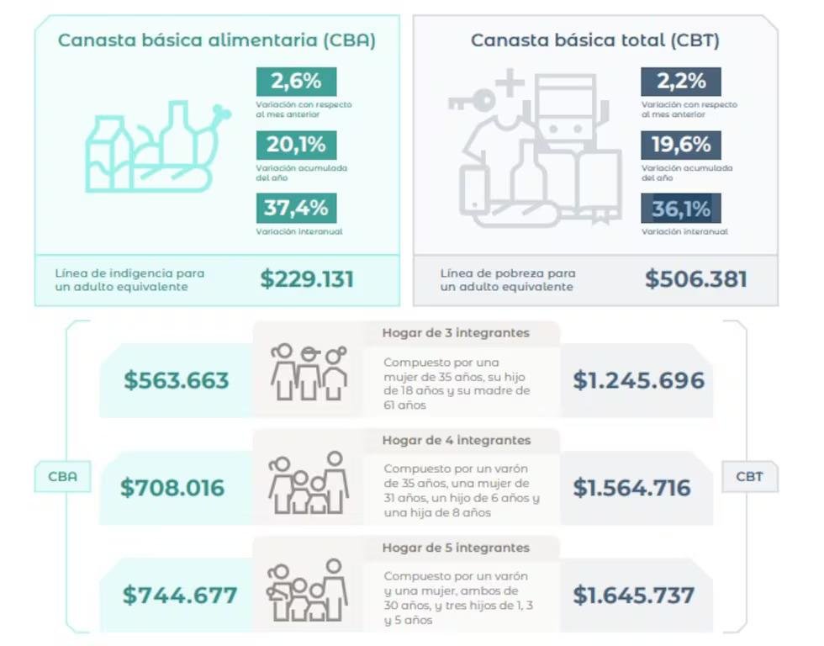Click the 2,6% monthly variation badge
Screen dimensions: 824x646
click(296, 82)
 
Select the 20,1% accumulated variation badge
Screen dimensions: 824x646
click(296, 145)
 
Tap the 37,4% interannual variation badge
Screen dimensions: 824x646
click(296, 208)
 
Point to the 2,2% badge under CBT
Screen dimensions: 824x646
click(681, 82)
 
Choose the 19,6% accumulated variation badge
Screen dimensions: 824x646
click(681, 145)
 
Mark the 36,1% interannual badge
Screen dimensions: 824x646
click(681, 208)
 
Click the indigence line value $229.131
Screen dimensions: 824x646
click(307, 279)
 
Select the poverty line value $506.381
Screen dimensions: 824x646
click(696, 279)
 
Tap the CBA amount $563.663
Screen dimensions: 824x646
click(177, 380)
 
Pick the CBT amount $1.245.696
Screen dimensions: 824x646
click(638, 380)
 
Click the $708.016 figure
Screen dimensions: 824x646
click(172, 488)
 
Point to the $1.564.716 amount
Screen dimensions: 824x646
click(631, 488)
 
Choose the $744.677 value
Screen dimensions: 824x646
click(180, 596)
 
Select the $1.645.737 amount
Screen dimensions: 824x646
click(634, 596)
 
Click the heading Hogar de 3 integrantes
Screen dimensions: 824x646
click(456, 333)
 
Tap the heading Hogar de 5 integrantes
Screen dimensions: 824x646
click(456, 548)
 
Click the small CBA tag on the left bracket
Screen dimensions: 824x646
click(62, 477)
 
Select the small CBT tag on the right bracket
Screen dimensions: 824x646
click(749, 477)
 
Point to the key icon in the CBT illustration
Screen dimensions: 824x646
click(472, 100)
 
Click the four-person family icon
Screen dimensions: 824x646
click(309, 483)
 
